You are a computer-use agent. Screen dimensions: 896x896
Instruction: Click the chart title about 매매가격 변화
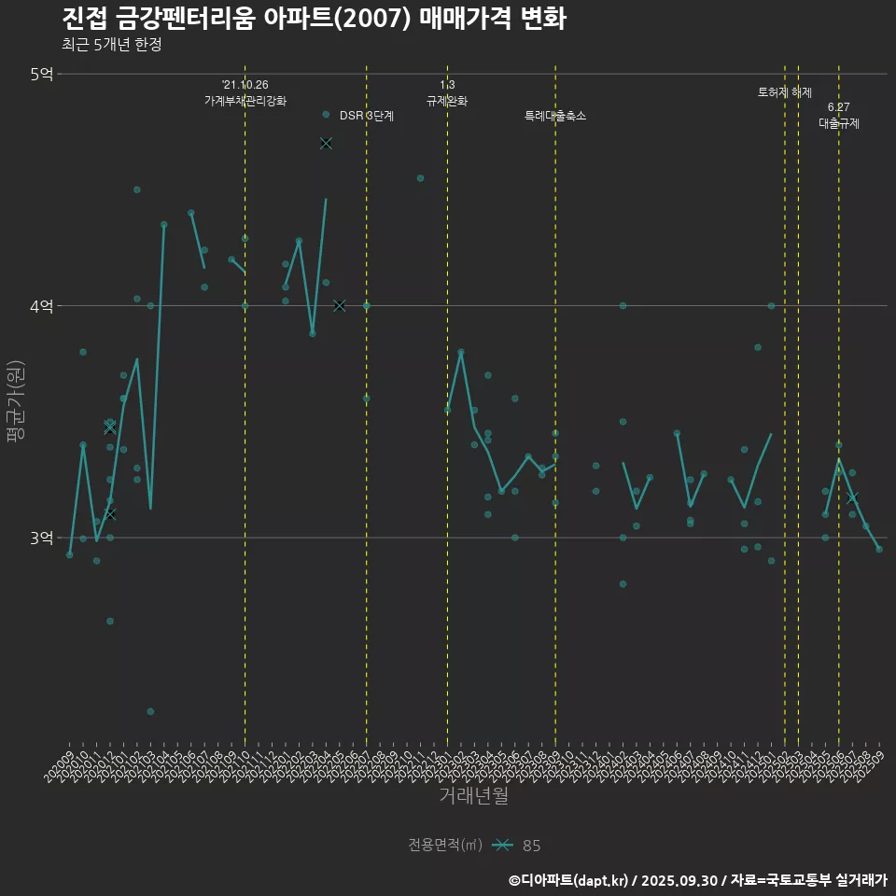click(315, 18)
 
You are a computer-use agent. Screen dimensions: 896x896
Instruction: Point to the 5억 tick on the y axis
click(41, 74)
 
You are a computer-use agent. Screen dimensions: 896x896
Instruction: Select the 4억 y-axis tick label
click(41, 306)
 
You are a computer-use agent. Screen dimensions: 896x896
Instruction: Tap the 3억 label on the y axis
click(41, 539)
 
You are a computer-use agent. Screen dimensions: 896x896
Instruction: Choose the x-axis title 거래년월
click(473, 795)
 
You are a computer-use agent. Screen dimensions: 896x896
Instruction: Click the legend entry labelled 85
click(531, 846)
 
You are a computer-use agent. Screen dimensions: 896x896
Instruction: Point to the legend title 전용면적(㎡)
click(444, 846)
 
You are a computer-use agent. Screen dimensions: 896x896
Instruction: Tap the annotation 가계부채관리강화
click(245, 101)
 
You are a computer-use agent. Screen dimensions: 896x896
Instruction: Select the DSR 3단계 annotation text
click(367, 116)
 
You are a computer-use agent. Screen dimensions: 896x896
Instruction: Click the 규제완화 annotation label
click(447, 101)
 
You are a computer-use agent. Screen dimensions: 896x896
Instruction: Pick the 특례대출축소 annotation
click(555, 116)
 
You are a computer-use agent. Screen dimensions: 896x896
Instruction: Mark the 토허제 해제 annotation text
click(785, 92)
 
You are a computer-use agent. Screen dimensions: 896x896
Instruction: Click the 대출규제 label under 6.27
click(839, 122)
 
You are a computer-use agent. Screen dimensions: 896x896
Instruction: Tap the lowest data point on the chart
click(150, 711)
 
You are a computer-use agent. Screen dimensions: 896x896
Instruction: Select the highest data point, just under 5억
click(326, 114)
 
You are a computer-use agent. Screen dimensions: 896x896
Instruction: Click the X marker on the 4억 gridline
click(339, 305)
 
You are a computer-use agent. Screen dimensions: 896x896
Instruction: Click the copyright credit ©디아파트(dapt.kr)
click(569, 880)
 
